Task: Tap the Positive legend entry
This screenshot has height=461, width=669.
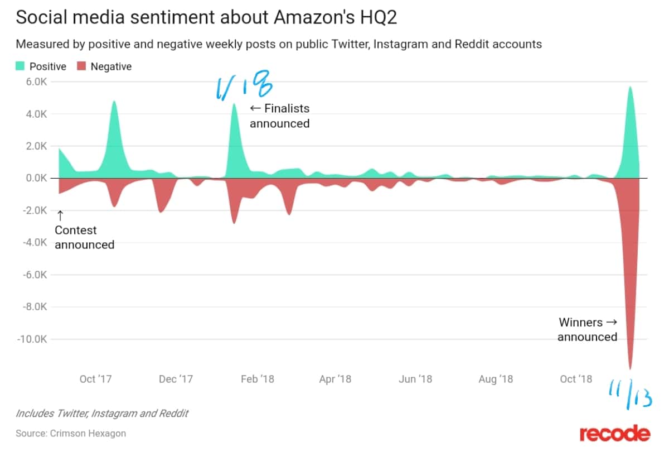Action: pos(41,66)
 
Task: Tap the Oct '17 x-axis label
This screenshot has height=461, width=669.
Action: pos(95,379)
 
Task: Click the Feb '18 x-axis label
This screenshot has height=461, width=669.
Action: pos(257,379)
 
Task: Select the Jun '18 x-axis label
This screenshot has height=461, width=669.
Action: pos(415,379)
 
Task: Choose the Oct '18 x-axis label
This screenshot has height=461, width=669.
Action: pos(575,379)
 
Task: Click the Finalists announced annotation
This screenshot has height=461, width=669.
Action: pos(280,116)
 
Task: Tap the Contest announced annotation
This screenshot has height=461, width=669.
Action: pos(84,237)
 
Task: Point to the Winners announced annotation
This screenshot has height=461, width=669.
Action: pos(588,329)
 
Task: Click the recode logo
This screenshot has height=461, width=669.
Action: pos(614,434)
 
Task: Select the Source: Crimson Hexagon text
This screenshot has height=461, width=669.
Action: pos(71,433)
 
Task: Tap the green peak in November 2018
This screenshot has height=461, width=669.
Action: pos(630,87)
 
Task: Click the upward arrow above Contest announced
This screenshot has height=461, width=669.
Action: pos(60,215)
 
